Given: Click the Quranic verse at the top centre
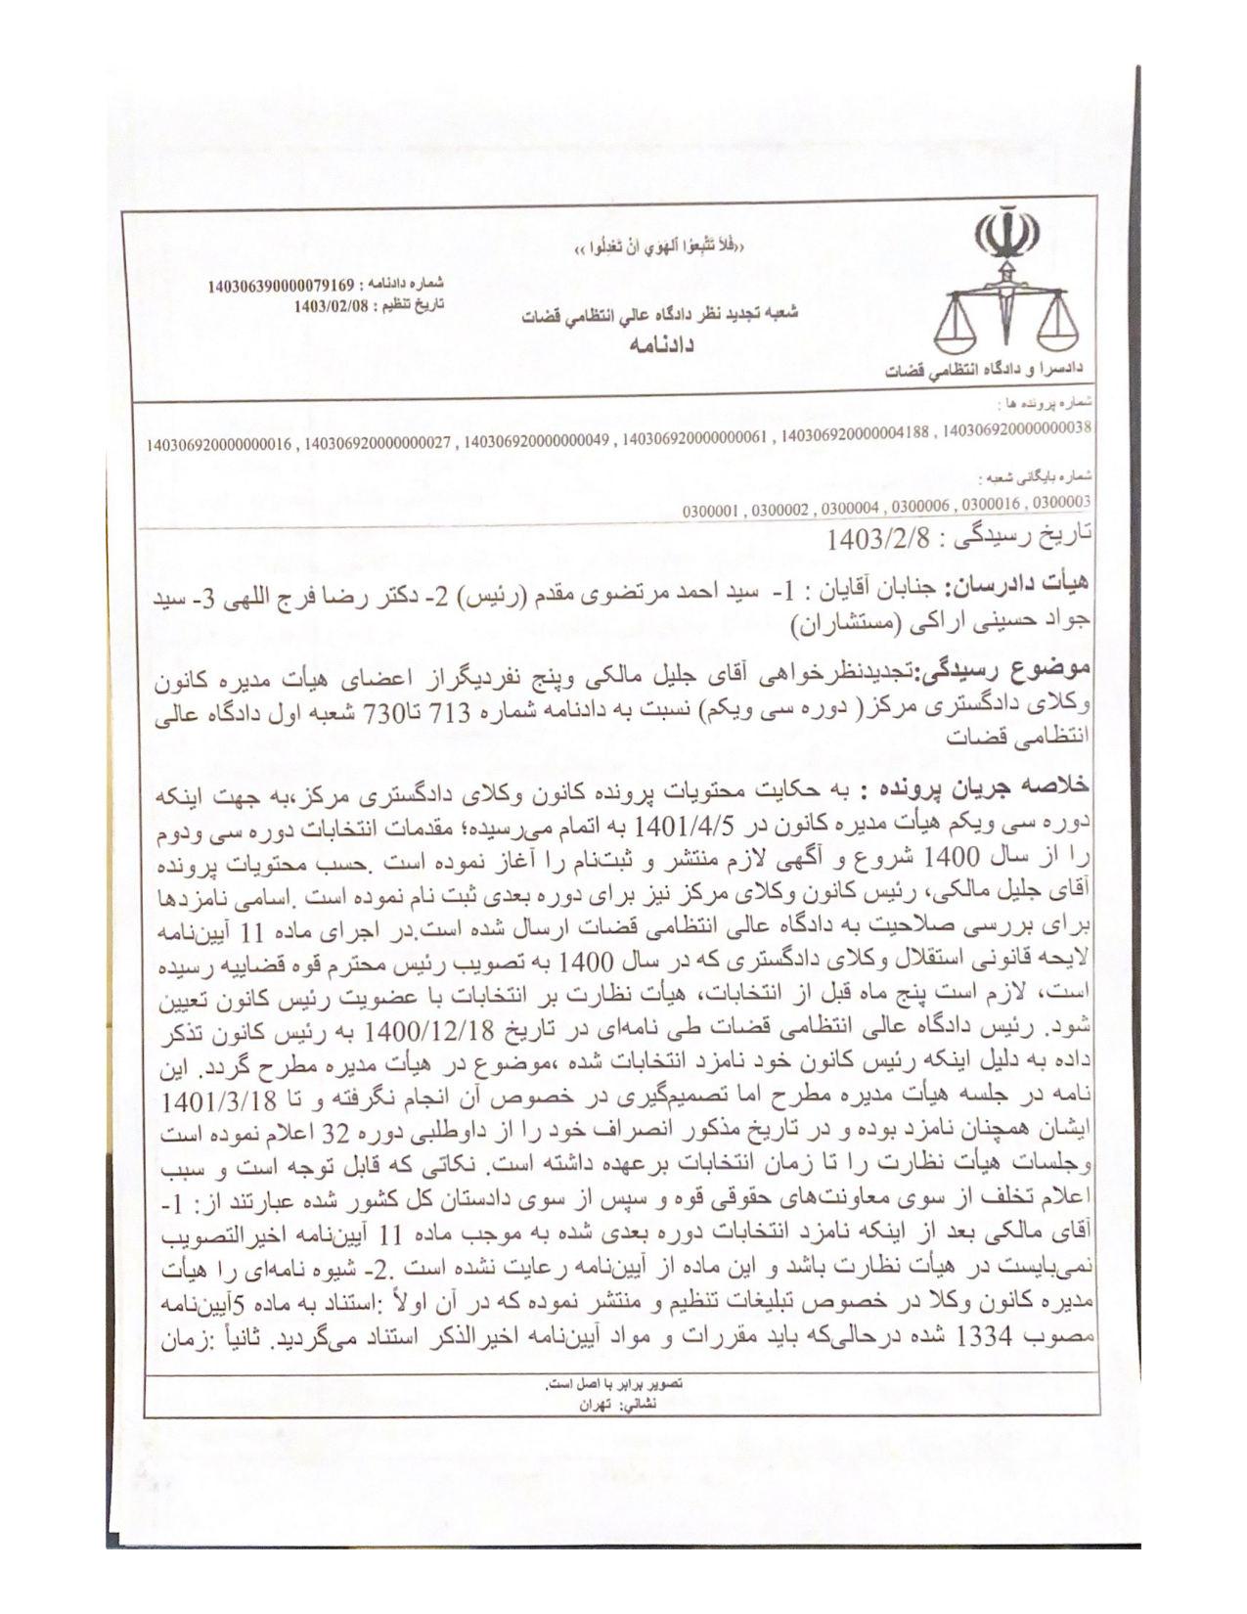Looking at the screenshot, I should (x=659, y=246).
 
